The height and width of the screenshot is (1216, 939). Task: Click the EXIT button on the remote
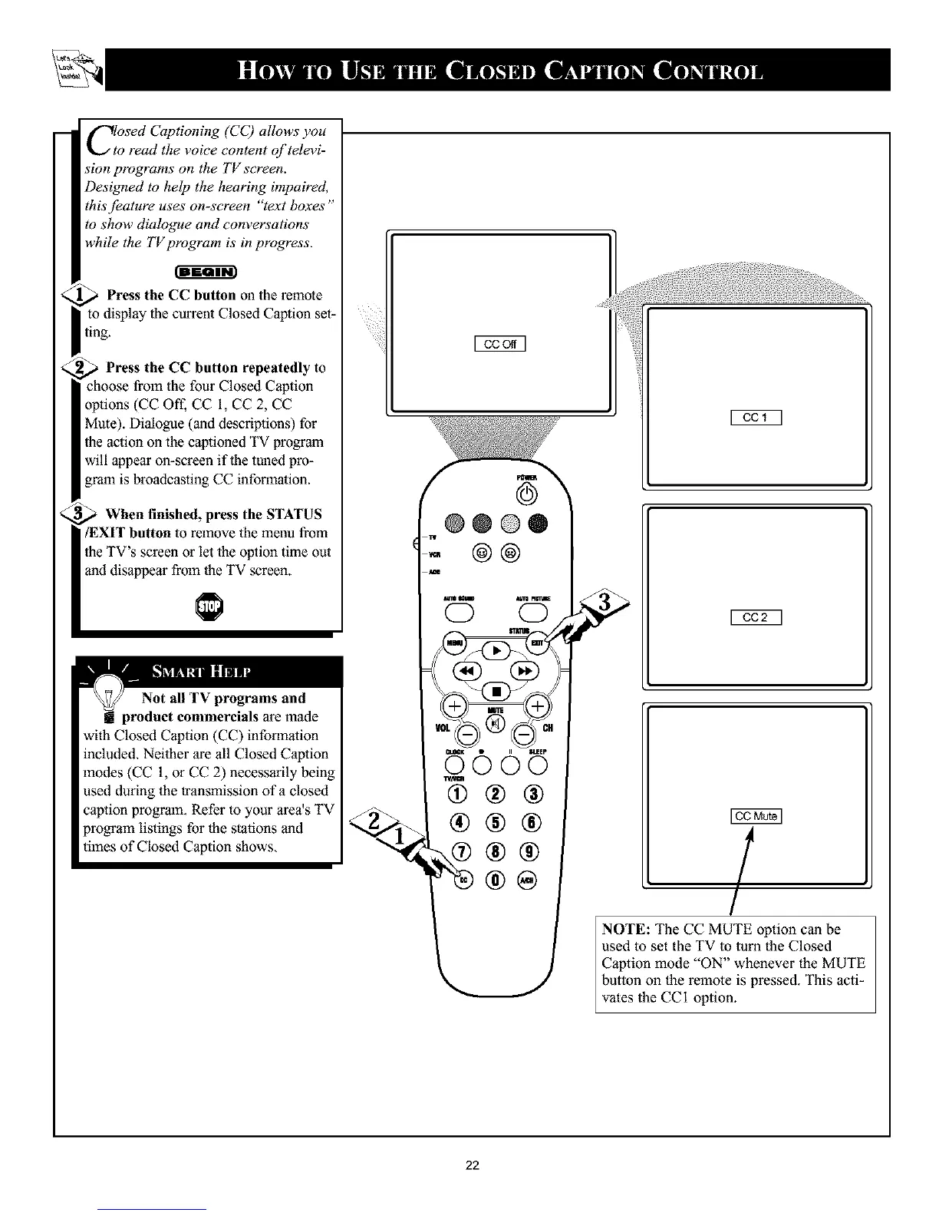point(537,643)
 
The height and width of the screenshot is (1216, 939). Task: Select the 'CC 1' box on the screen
point(756,418)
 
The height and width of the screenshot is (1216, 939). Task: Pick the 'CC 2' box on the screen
point(756,616)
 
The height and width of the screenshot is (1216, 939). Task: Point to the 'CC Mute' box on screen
point(756,816)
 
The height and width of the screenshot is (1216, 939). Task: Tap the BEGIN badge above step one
point(208,270)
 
